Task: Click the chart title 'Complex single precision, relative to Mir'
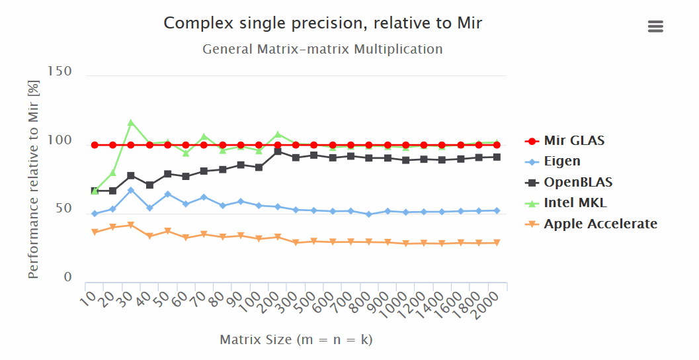tap(323, 24)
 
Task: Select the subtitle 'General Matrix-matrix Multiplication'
tap(323, 49)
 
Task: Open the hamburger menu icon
tap(655, 26)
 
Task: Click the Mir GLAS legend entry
tap(573, 140)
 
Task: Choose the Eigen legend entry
tap(561, 161)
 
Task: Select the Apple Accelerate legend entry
tap(600, 224)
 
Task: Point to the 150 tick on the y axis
tap(60, 71)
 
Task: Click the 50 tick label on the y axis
tap(63, 208)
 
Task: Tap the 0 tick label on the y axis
tap(67, 277)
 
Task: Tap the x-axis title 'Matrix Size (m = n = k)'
tap(296, 339)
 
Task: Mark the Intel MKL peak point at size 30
tap(131, 122)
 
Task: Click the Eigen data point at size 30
tap(131, 190)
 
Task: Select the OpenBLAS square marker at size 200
tap(278, 152)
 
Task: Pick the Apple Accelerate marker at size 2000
tap(496, 243)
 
